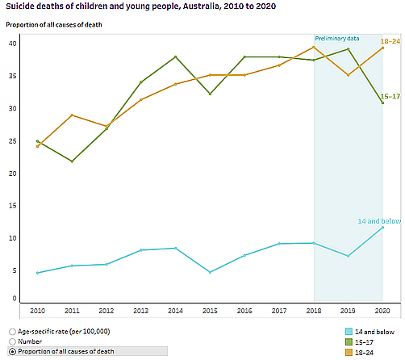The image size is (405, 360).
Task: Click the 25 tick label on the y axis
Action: (11, 141)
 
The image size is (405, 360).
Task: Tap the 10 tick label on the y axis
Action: (11, 238)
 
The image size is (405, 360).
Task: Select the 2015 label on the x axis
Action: (210, 310)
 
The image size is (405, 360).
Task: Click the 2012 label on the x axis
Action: (106, 310)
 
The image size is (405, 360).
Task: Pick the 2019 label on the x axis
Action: (348, 310)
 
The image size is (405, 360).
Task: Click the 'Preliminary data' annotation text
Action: (336, 38)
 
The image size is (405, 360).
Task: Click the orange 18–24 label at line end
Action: (390, 40)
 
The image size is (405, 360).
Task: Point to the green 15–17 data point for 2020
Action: (382, 103)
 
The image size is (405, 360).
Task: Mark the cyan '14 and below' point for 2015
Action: (210, 272)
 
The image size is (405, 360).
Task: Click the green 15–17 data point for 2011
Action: (72, 161)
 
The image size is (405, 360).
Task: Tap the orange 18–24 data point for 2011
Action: (72, 115)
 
